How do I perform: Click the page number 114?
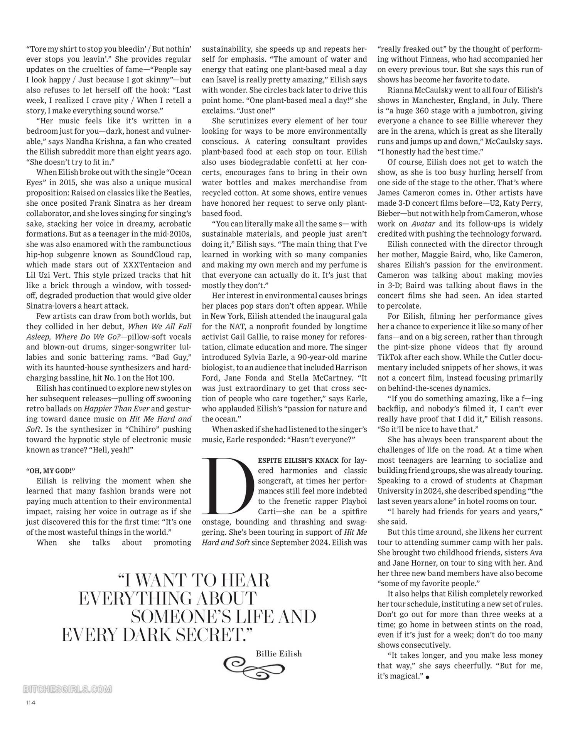click(31, 703)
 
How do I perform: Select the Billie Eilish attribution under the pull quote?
click(278, 653)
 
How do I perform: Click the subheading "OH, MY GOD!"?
click(51, 470)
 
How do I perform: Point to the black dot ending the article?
click(427, 677)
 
